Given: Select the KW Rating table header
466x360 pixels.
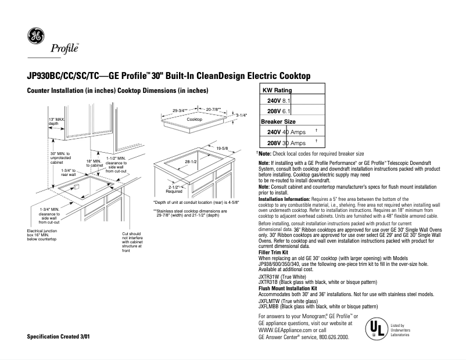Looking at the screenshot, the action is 277,91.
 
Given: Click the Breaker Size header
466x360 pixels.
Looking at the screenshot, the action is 278,121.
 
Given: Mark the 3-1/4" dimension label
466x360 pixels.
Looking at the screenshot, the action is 241,116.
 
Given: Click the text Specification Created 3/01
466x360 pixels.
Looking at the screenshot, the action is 59,337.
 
